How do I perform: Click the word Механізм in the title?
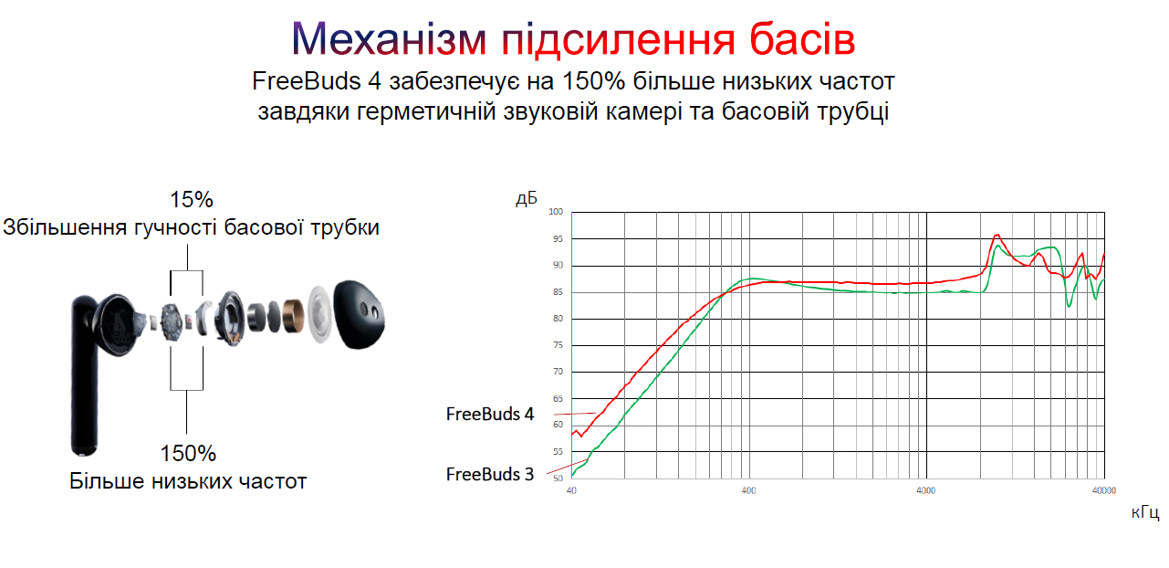pyautogui.click(x=389, y=39)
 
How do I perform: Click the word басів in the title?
pyautogui.click(x=802, y=38)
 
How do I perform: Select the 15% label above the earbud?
pyautogui.click(x=191, y=199)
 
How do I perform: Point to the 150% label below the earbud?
pyautogui.click(x=188, y=453)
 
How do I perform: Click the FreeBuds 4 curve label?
pyautogui.click(x=489, y=414)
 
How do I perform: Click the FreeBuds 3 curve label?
pyautogui.click(x=489, y=474)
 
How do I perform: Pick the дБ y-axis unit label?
pyautogui.click(x=526, y=198)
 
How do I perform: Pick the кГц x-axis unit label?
pyautogui.click(x=1145, y=512)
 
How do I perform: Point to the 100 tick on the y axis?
pyautogui.click(x=556, y=212)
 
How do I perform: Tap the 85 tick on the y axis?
pyautogui.click(x=558, y=292)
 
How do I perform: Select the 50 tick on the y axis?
pyautogui.click(x=558, y=479)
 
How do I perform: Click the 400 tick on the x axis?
pyautogui.click(x=749, y=490)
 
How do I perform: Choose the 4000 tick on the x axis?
pyautogui.click(x=926, y=490)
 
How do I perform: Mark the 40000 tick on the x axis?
pyautogui.click(x=1104, y=490)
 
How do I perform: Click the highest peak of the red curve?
pyautogui.click(x=997, y=236)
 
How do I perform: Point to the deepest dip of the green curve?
pyautogui.click(x=1069, y=306)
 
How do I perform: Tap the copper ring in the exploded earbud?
pyautogui.click(x=294, y=316)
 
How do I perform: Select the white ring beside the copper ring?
pyautogui.click(x=319, y=314)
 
